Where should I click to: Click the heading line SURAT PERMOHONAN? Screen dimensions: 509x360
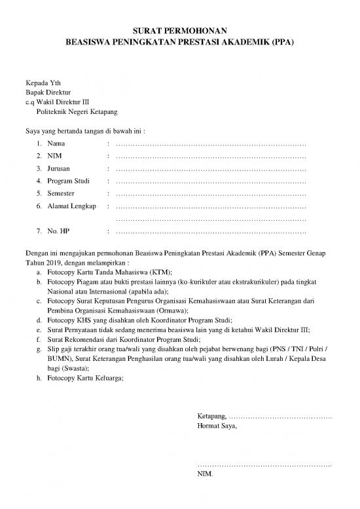179,30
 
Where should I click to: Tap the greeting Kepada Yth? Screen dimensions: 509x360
42,83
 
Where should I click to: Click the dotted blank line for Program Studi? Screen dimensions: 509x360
210,181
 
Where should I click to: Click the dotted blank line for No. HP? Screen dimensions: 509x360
210,232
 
